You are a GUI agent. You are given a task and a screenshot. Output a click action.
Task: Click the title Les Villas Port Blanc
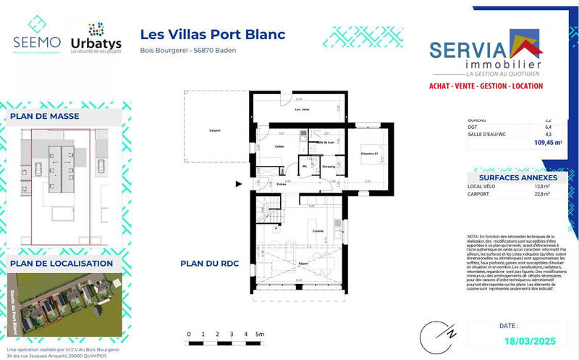tap(212, 34)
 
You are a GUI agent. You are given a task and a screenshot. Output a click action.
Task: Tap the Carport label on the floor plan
tap(212, 130)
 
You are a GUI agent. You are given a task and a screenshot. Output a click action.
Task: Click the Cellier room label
tap(278, 147)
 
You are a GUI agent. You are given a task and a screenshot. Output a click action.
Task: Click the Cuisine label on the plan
tap(317, 230)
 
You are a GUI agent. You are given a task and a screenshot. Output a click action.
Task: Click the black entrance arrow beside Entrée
tap(240, 185)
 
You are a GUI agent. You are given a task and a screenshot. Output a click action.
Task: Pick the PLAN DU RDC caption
tap(211, 264)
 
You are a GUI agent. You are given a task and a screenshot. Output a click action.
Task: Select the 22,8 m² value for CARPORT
tap(542, 194)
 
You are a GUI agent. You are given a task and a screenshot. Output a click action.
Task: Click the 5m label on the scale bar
tap(261, 334)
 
